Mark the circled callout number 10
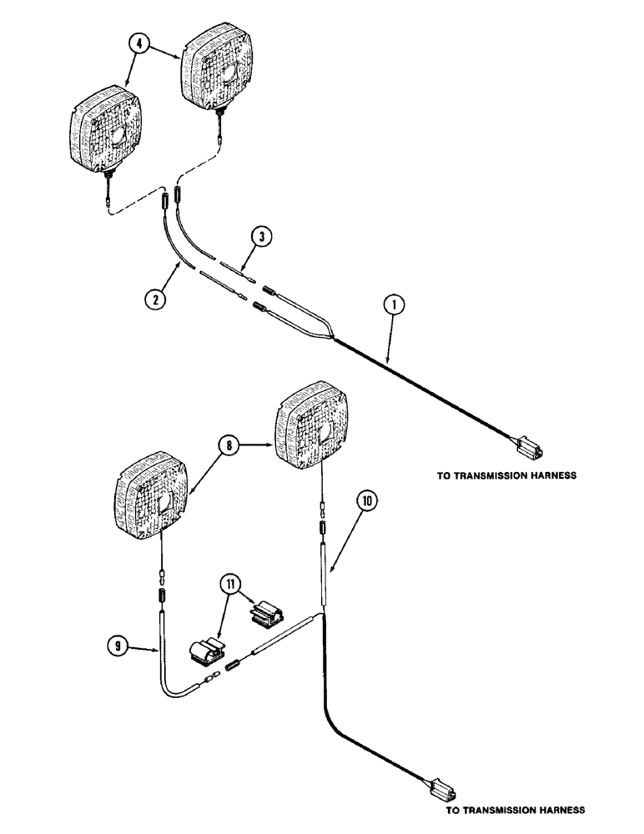point(368,500)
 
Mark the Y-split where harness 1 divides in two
point(334,337)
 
